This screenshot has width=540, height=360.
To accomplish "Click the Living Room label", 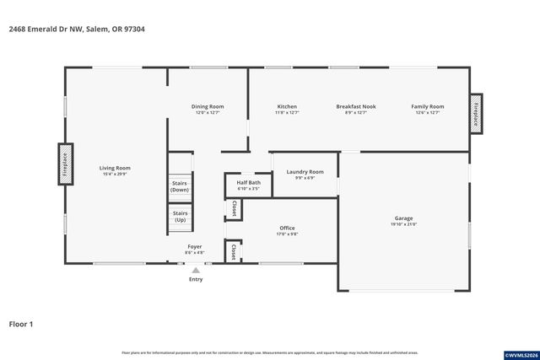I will coord(115,171).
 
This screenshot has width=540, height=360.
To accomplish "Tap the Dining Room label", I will coord(208,110).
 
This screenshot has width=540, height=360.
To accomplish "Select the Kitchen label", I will coord(287,110).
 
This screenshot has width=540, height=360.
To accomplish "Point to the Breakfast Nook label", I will coord(355,110).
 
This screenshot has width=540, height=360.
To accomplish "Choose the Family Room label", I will coord(427,110).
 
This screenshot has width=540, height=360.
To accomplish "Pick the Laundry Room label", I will coord(305,175).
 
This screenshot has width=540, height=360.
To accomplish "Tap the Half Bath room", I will coord(248,185).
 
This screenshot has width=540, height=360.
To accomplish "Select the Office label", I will coord(287,231).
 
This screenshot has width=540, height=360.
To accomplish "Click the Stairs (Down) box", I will coord(180,186).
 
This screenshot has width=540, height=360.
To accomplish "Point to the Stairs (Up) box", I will coord(180,217).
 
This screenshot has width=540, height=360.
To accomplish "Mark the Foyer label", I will coord(194,250).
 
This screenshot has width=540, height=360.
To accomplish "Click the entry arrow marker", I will coord(196,270).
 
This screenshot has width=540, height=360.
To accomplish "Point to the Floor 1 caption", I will coord(21,323).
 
